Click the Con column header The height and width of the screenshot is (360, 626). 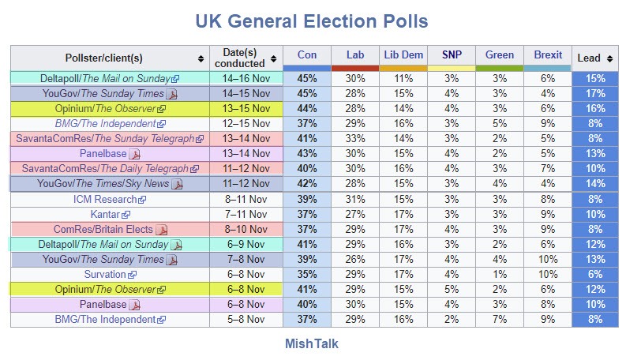tap(306, 55)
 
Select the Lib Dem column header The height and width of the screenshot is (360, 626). tap(403, 55)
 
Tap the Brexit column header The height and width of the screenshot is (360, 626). tap(548, 55)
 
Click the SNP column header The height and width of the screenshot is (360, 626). tap(452, 55)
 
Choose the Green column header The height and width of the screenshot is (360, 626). tap(500, 55)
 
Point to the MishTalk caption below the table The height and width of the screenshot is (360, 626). tap(313, 344)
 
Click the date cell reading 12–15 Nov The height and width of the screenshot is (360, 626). tap(246, 123)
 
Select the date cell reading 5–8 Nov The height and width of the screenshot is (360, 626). tap(246, 319)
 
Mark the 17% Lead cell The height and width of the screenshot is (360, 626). tap(595, 93)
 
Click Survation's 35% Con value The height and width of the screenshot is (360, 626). tap(307, 274)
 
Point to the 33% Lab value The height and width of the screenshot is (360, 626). tap(355, 138)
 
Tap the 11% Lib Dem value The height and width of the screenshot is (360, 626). tap(403, 78)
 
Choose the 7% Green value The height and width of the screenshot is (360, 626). tap(500, 319)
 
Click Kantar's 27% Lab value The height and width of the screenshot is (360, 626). tap(355, 214)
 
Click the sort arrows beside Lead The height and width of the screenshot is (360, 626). tap(610, 58)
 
